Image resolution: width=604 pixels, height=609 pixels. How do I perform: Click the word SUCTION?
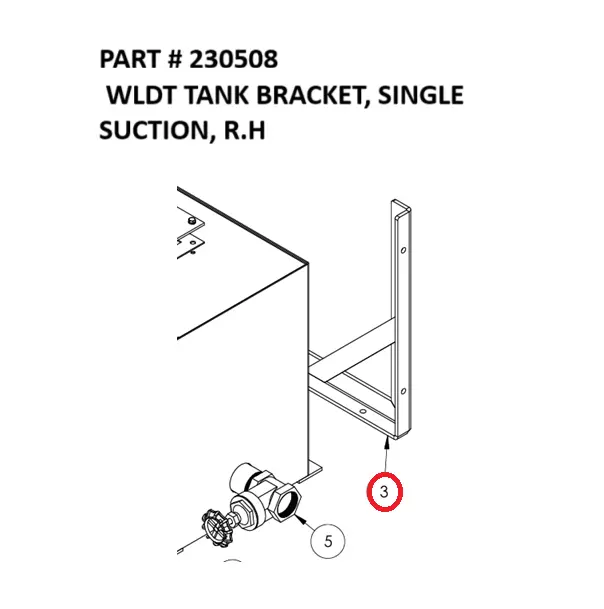(151, 132)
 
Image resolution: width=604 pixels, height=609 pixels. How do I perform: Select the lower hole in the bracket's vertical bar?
(402, 391)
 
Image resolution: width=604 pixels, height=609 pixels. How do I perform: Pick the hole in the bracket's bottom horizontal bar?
(364, 411)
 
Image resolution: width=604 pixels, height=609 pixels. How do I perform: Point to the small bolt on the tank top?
(189, 218)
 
